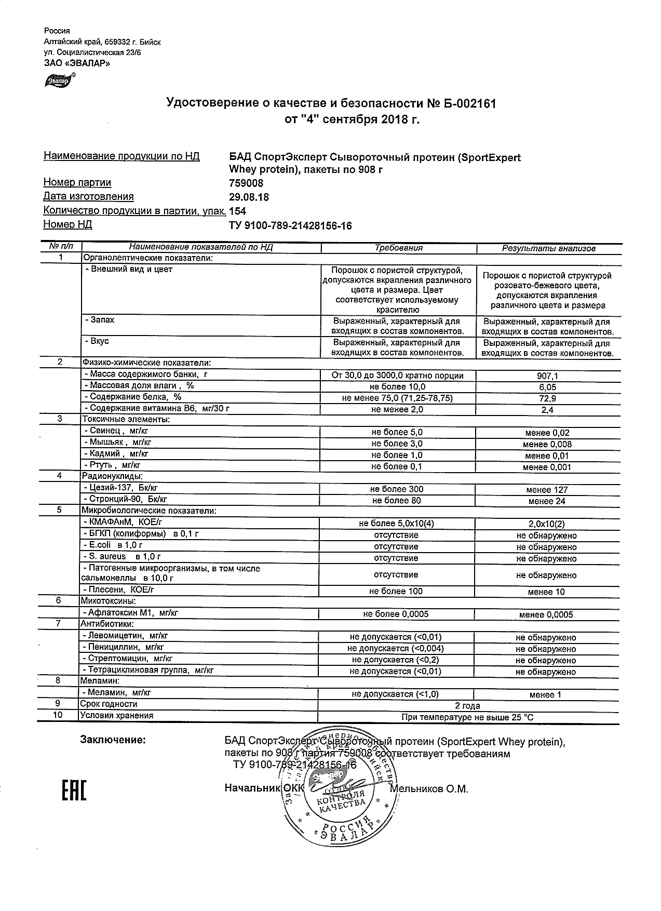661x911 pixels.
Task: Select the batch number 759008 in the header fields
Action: (246, 183)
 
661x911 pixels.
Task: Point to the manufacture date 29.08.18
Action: (249, 197)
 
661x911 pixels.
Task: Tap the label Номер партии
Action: (77, 183)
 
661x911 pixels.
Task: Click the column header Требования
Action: (398, 248)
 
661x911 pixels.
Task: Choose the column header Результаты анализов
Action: (548, 248)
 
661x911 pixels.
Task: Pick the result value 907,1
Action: (548, 376)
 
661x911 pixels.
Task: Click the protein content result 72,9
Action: (548, 398)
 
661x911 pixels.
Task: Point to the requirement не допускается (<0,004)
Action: (396, 648)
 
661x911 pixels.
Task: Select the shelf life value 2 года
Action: (467, 705)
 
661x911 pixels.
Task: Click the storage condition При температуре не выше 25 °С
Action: (467, 717)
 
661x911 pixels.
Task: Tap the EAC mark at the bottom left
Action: (74, 789)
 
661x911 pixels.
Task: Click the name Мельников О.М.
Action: (429, 789)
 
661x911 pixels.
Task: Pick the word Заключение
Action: (113, 740)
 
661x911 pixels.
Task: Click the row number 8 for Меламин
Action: (59, 680)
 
